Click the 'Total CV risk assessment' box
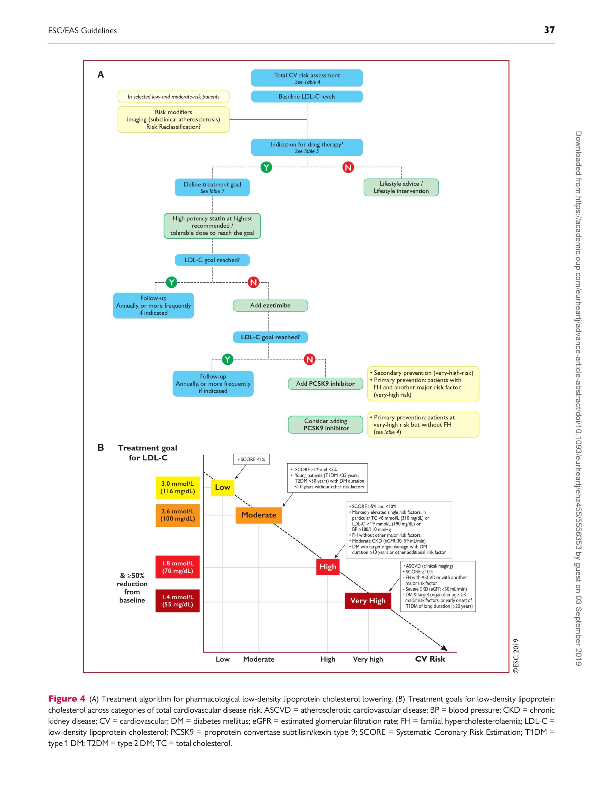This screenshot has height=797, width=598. (x=307, y=78)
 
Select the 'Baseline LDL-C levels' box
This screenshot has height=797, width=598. (x=307, y=97)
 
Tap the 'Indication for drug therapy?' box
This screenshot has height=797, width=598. (x=307, y=147)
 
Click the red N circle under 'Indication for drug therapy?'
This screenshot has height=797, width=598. (x=348, y=167)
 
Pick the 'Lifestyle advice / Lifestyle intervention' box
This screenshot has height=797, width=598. (x=401, y=187)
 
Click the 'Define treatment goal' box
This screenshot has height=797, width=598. (x=212, y=187)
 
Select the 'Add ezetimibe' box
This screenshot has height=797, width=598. (x=270, y=305)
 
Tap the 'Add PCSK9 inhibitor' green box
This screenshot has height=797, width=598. (x=325, y=384)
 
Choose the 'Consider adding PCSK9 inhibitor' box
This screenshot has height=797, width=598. (x=325, y=424)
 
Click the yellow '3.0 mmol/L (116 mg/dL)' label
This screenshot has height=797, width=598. (x=177, y=488)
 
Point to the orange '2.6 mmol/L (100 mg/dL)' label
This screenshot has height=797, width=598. (x=177, y=515)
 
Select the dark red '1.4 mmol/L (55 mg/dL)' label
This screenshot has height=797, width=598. (x=177, y=601)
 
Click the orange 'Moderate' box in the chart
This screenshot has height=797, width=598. (x=259, y=515)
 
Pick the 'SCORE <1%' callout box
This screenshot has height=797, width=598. (x=252, y=460)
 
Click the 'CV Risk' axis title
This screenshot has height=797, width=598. (x=430, y=659)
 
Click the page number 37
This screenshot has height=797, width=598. (x=549, y=30)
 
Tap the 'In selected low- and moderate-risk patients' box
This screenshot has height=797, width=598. (x=173, y=97)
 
